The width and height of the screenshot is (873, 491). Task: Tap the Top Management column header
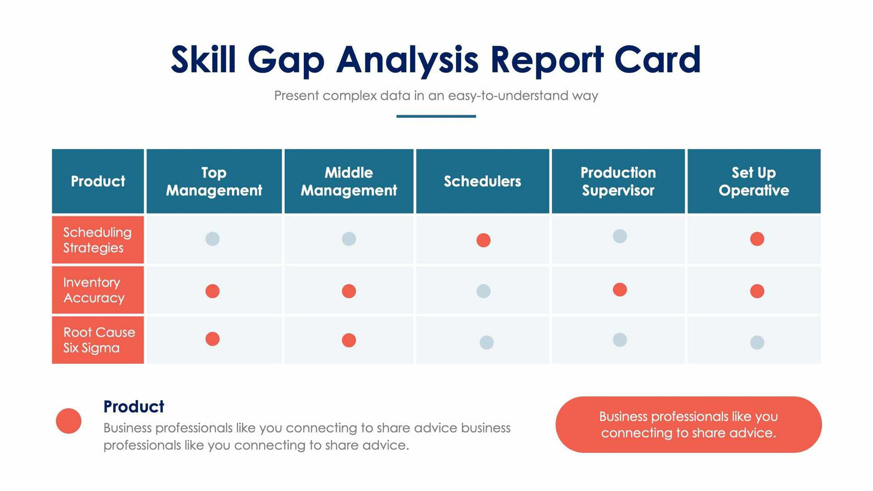pos(214,181)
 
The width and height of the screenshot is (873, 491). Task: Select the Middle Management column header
pos(349,181)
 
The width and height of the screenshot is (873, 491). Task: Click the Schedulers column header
pos(482,181)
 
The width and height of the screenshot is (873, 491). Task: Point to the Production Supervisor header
pos(618,181)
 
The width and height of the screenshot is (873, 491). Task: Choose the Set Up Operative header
pos(753,181)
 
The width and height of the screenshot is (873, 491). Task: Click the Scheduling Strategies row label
pos(97,240)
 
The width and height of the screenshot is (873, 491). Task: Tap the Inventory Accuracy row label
pos(94,290)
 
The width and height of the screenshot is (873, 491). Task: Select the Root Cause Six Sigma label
pos(99,340)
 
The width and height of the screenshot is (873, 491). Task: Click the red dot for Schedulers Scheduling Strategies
pos(483,240)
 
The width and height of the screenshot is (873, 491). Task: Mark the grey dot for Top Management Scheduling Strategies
pos(212,239)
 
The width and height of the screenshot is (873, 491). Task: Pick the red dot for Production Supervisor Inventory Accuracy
pos(619,289)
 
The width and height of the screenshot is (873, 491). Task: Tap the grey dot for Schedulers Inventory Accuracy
pos(483,291)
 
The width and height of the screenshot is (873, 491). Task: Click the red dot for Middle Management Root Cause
pos(349,340)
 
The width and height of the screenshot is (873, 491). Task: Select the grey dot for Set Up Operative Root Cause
pos(757,343)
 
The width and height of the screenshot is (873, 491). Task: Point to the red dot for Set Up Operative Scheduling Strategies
pos(757,239)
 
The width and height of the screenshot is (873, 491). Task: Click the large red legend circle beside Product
pos(69,421)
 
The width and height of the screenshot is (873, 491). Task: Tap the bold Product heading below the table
pos(133,407)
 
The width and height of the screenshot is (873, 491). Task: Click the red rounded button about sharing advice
pos(688,425)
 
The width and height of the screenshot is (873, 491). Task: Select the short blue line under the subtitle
pos(436,116)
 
